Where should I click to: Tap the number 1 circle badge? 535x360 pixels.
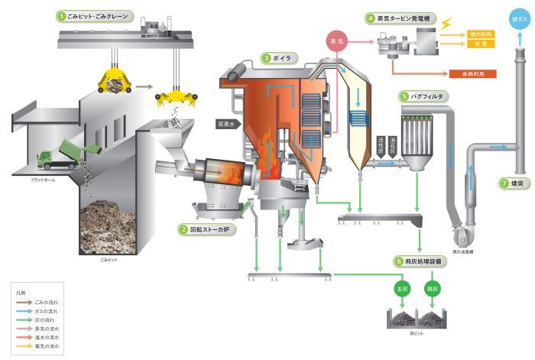(60, 15)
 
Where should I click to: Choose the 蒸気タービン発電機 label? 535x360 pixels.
(400, 17)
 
